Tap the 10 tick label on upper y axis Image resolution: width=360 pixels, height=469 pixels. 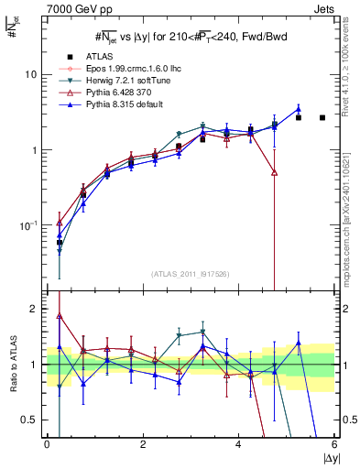[31, 74]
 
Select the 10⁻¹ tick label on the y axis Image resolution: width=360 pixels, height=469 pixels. [29, 225]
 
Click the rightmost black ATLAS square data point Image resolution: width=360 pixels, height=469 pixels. [322, 117]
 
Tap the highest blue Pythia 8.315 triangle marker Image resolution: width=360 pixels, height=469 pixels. [299, 109]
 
